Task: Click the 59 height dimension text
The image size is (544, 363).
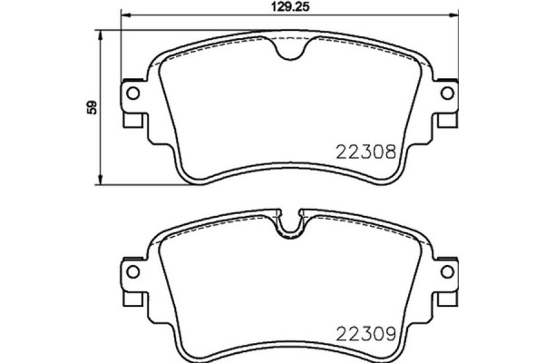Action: coord(90,107)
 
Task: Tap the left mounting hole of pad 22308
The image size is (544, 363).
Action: coord(132,93)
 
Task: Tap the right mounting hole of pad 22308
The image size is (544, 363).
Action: coord(448,93)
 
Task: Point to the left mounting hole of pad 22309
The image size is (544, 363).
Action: coord(132,271)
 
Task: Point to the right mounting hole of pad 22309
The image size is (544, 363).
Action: coord(448,271)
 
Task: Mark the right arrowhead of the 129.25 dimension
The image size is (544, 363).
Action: coord(453,15)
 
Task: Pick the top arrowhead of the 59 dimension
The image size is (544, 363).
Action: coord(101,35)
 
